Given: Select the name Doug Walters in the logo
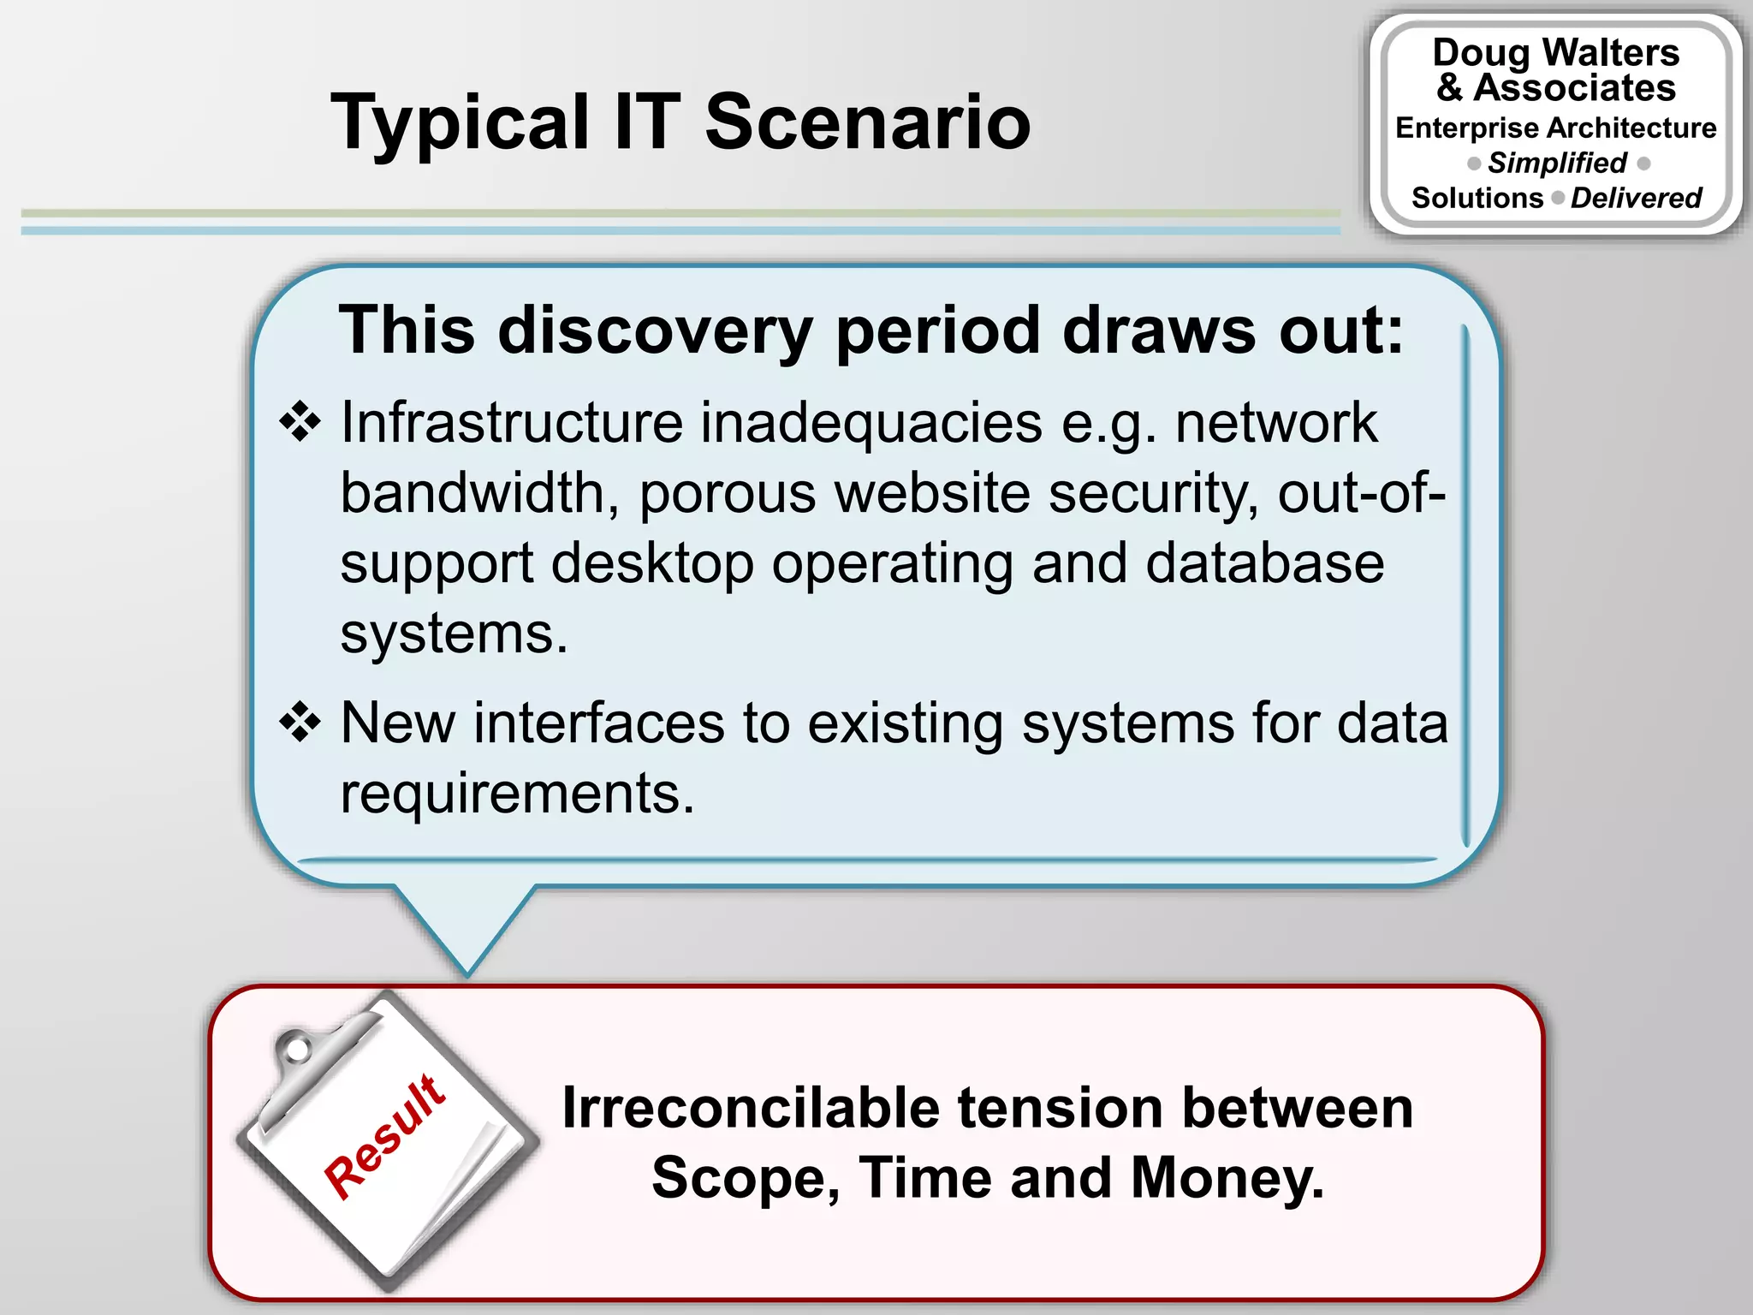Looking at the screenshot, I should [1555, 52].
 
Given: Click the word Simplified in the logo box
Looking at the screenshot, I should [1557, 163].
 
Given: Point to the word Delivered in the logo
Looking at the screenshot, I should [1636, 198].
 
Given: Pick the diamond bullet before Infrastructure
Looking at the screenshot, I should [300, 421].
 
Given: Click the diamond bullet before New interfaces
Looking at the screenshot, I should [300, 722].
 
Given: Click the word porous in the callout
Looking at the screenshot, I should [727, 493].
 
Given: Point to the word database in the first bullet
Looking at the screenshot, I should [1264, 563].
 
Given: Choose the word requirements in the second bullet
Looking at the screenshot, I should [517, 793].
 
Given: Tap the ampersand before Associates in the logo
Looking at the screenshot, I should [1449, 87].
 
